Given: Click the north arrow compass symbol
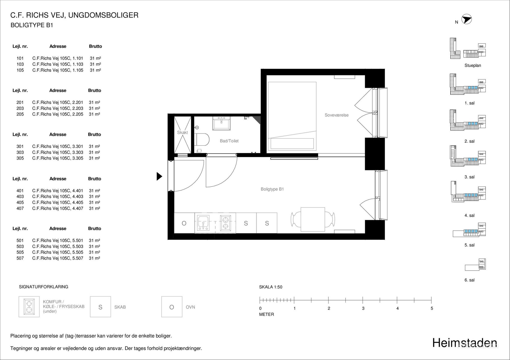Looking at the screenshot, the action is pyautogui.click(x=466, y=19).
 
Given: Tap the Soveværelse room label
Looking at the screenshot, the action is pyautogui.click(x=337, y=115).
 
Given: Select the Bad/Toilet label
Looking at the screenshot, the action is pyautogui.click(x=229, y=141).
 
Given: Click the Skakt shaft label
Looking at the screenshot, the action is pyautogui.click(x=182, y=132).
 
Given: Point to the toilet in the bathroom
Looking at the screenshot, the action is pyautogui.click(x=202, y=139).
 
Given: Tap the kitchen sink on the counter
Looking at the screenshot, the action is pyautogui.click(x=203, y=223).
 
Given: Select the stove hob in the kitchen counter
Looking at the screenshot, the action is pyautogui.click(x=225, y=223).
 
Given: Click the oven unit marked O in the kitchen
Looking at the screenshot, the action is pyautogui.click(x=184, y=223).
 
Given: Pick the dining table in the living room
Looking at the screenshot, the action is pyautogui.click(x=313, y=219).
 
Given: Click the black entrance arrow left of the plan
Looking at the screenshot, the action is pyautogui.click(x=159, y=176).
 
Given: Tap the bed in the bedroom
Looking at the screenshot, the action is pyautogui.click(x=292, y=116).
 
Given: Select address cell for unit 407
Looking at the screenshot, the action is pyautogui.click(x=58, y=208).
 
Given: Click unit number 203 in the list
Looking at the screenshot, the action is pyautogui.click(x=20, y=108).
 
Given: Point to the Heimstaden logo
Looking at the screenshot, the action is pyautogui.click(x=465, y=343).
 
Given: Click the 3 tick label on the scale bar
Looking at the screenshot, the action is pyautogui.click(x=363, y=308).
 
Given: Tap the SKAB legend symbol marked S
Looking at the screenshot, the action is pyautogui.click(x=100, y=307).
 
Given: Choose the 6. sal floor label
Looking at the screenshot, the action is pyautogui.click(x=469, y=280).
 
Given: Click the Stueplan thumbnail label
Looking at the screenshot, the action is pyautogui.click(x=473, y=65).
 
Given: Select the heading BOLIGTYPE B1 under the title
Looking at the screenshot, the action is pyautogui.click(x=32, y=25).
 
